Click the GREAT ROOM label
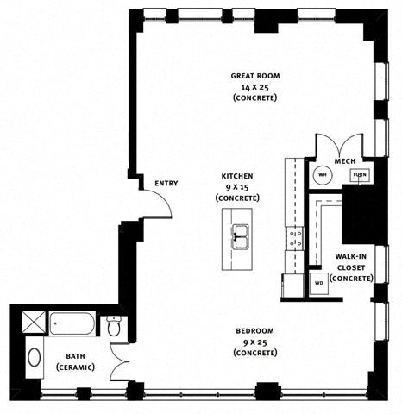coord(254,76)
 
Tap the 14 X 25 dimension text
coord(254,87)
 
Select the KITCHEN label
coord(236,176)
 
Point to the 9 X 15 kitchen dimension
coord(236,187)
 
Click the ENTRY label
coord(166,184)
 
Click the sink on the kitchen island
coord(239,232)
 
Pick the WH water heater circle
coord(321,175)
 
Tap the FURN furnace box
coord(358,176)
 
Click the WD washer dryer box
coord(318,282)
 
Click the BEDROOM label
coord(255,331)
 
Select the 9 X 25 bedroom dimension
coord(255,342)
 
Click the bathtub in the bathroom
coord(75,325)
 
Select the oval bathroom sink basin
coord(35,356)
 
